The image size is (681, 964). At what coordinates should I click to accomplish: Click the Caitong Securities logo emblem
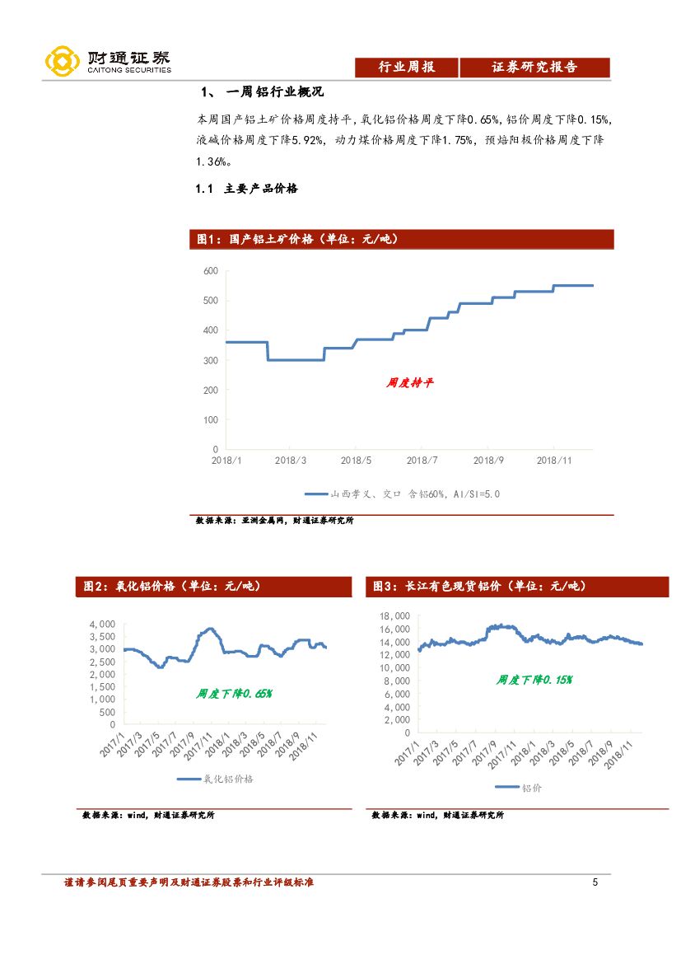(63, 60)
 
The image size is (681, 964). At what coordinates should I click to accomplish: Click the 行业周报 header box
(406, 68)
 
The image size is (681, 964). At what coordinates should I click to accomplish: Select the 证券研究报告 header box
(534, 68)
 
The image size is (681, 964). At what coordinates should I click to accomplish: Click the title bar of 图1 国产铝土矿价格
(402, 239)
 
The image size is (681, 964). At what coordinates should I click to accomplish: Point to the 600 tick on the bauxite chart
(210, 271)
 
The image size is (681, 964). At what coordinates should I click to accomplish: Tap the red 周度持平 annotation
(409, 383)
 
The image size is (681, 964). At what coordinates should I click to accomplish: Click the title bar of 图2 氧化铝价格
(219, 587)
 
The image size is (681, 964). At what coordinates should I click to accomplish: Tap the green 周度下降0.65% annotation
(234, 694)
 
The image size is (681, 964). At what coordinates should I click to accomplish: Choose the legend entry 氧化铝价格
(216, 779)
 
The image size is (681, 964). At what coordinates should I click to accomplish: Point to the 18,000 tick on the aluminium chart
(394, 616)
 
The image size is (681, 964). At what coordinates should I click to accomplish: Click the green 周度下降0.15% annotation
(534, 680)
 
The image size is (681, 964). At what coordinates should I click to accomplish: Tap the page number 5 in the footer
(595, 883)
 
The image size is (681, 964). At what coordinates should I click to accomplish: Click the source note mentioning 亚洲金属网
(273, 521)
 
